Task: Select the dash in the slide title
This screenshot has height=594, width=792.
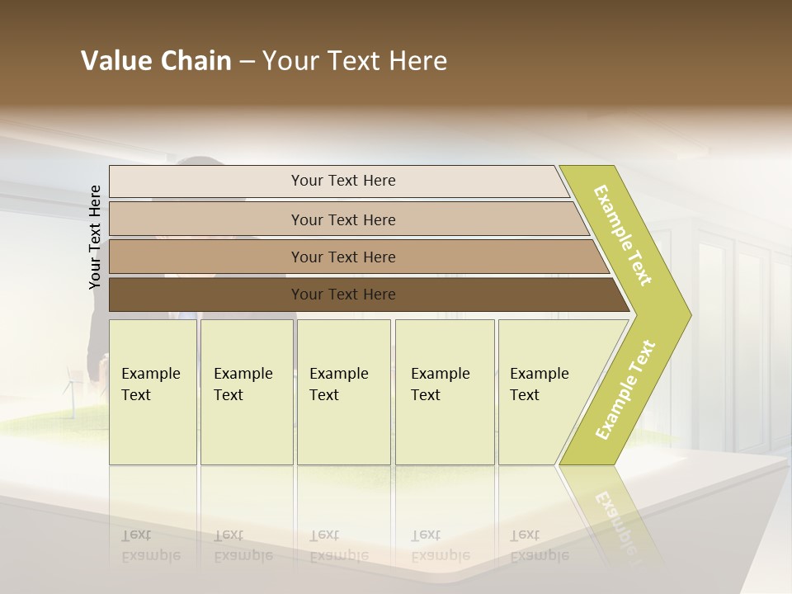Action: point(247,62)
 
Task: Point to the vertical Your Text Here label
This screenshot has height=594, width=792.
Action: point(95,237)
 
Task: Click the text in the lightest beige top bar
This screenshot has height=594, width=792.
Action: point(343,181)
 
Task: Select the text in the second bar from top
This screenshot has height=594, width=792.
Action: point(343,219)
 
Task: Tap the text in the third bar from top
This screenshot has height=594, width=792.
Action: point(343,257)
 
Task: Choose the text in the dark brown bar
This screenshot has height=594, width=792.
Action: point(343,294)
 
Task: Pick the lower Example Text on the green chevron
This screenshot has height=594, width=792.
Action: point(625,390)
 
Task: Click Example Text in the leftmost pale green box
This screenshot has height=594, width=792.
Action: point(150,384)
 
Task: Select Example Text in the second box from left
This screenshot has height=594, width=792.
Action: point(243,384)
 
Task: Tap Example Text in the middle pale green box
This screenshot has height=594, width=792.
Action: point(338,384)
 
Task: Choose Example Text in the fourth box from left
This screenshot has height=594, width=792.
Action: point(440,384)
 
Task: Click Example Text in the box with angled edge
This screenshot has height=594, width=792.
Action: point(539,384)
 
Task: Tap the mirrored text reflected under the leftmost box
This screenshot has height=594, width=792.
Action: point(150,545)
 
